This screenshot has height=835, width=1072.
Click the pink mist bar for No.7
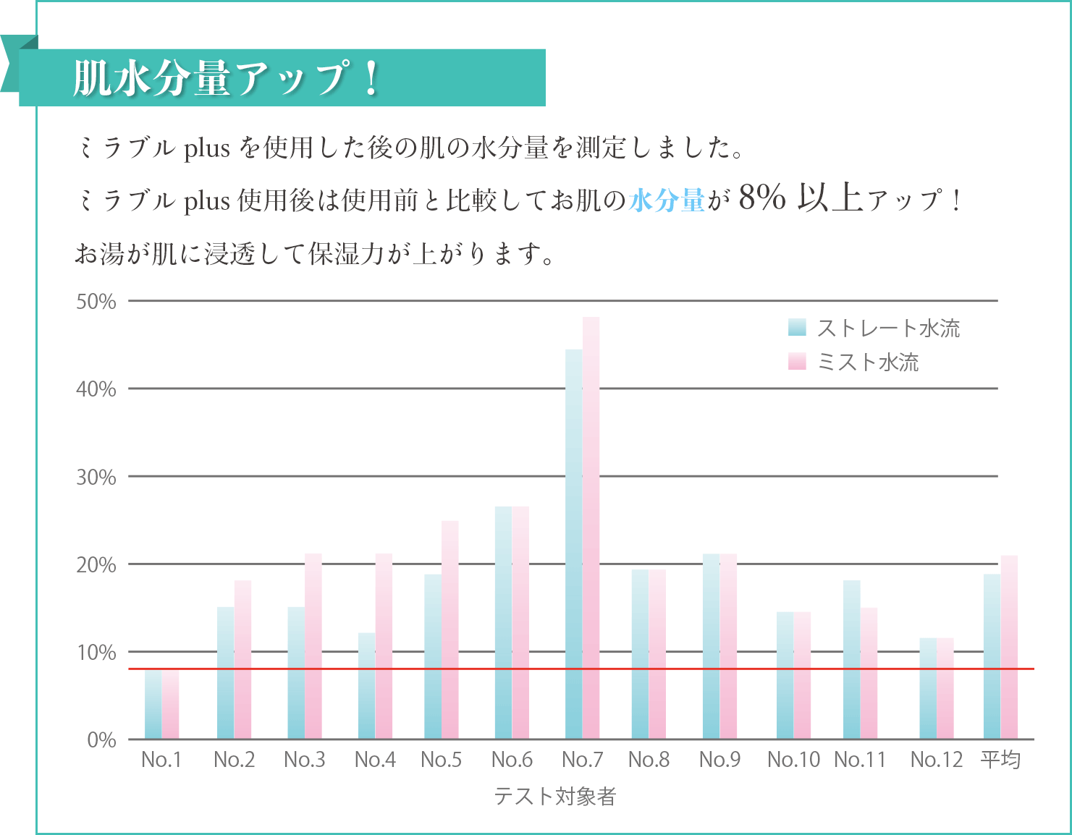click(x=591, y=528)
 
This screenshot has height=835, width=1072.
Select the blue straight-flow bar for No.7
click(x=573, y=544)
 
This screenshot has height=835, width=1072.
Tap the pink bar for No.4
click(x=384, y=646)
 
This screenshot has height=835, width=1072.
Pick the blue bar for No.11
click(x=851, y=659)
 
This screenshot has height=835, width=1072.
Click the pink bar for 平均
click(x=1009, y=647)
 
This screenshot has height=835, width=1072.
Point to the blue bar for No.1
click(x=153, y=704)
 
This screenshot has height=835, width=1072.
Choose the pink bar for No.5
click(x=450, y=630)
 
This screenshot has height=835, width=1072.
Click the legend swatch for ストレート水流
click(x=797, y=328)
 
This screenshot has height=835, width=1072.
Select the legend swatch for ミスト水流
click(x=797, y=362)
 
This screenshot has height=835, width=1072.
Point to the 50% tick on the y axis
click(x=96, y=302)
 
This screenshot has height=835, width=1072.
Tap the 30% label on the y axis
click(x=96, y=478)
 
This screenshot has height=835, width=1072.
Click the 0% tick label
click(x=101, y=740)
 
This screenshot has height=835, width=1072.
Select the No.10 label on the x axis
click(x=793, y=760)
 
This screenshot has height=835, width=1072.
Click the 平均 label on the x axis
click(x=1000, y=760)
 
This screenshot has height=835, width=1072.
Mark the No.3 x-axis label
click(x=304, y=760)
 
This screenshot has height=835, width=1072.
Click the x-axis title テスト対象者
click(x=554, y=797)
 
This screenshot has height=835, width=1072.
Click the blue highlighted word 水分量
click(x=667, y=200)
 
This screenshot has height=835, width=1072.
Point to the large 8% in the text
click(x=762, y=198)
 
